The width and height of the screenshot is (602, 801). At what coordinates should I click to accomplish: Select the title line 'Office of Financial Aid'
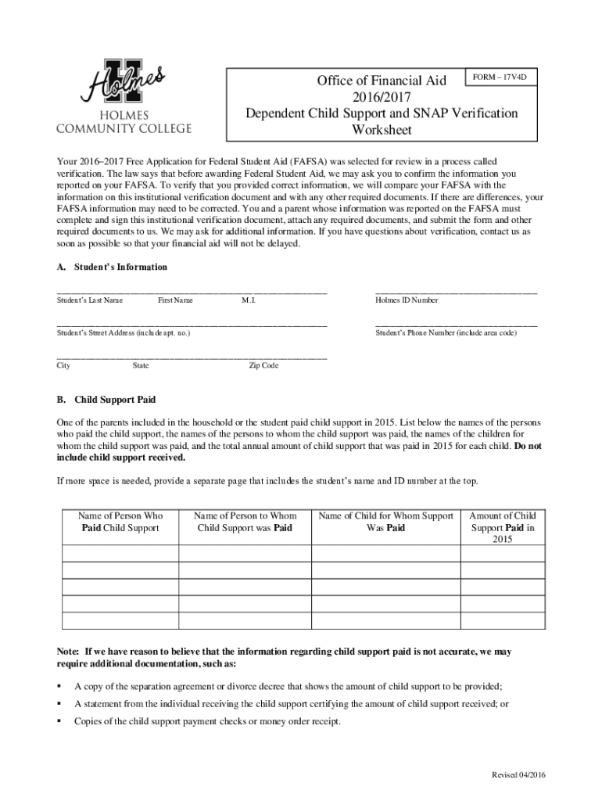[382, 81]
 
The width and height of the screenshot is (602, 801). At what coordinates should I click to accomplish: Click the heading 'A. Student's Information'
[112, 267]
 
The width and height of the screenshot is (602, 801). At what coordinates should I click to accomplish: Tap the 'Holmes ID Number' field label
[407, 300]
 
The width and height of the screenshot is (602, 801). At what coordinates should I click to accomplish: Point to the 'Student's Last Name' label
[89, 300]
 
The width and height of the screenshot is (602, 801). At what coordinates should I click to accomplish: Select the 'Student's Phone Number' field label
[446, 333]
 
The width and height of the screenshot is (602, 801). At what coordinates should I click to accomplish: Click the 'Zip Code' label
[263, 365]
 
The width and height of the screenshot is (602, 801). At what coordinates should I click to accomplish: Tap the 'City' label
[63, 365]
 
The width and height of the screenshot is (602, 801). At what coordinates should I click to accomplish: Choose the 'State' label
[141, 365]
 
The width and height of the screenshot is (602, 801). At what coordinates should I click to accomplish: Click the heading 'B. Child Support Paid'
[106, 399]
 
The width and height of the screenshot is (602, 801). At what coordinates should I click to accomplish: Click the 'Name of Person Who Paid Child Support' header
[120, 522]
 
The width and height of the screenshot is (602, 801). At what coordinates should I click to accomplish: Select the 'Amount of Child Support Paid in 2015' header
[502, 527]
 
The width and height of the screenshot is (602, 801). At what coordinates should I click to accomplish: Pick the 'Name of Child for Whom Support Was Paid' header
[386, 522]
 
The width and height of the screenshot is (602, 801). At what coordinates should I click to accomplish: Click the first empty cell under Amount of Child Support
[502, 553]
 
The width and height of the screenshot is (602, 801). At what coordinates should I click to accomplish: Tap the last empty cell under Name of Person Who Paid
[120, 621]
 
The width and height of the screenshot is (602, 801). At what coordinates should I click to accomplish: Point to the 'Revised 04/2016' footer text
[518, 774]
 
